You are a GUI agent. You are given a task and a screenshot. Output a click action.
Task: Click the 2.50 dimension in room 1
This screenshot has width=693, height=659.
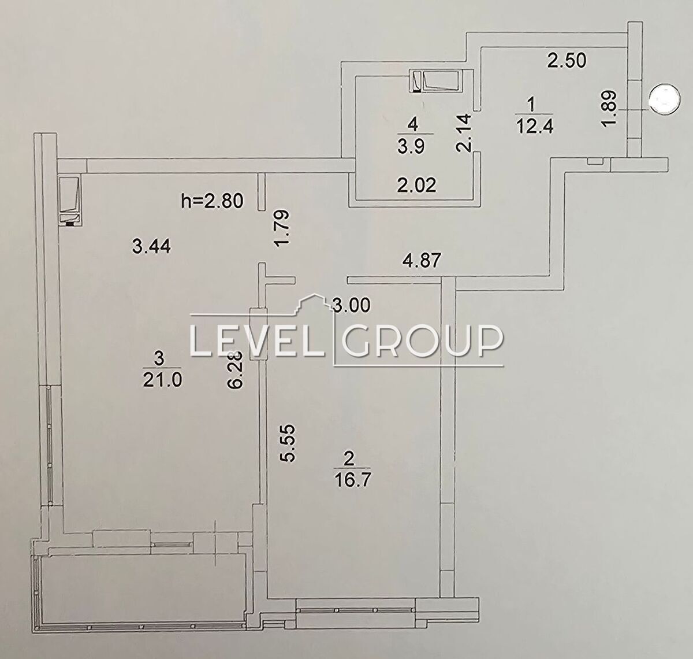point(567,60)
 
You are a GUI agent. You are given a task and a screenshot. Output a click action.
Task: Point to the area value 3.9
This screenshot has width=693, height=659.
point(411,146)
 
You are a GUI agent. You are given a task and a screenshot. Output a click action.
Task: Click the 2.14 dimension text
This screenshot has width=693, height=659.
point(463,132)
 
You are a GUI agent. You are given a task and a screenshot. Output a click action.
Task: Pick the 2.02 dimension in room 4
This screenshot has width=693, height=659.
point(416,185)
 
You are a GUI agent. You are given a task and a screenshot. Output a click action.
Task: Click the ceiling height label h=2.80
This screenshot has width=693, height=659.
point(212,201)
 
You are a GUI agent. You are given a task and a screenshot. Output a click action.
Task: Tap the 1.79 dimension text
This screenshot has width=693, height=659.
point(283,229)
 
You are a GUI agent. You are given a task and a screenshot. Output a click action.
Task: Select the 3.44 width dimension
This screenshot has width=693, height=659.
point(151,246)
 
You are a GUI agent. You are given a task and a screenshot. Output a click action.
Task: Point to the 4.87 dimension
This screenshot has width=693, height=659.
point(422,261)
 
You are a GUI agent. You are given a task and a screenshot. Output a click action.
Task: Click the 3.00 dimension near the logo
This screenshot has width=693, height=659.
point(352,305)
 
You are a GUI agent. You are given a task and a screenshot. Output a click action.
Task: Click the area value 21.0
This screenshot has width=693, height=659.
point(162,380)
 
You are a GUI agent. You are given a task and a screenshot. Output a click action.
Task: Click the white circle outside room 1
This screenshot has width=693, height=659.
point(665,101)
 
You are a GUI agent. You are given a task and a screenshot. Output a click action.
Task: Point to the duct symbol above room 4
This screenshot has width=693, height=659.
point(435,82)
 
